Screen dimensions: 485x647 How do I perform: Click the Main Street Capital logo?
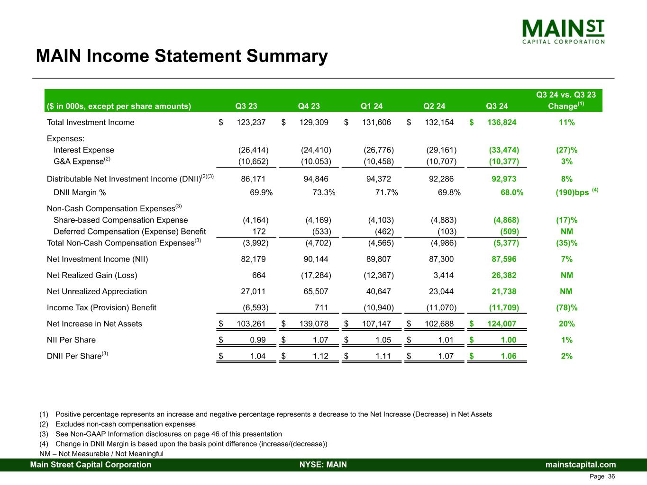coord(563,31)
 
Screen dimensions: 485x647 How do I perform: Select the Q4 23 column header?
coord(309,106)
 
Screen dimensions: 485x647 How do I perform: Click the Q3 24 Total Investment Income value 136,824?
coord(501,123)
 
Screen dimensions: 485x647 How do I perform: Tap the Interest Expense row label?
coord(84,150)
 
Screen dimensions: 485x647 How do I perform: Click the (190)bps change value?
coord(573,193)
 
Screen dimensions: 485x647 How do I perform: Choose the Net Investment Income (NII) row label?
coord(97,259)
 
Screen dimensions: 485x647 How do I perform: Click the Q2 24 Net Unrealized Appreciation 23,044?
coord(441,291)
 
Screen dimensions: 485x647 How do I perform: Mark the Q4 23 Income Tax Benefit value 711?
coord(321,308)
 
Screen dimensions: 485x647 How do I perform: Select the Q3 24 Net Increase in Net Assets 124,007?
coord(501,324)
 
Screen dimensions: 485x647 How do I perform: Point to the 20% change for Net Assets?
coord(566,324)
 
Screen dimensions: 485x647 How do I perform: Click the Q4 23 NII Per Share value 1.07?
coord(320,340)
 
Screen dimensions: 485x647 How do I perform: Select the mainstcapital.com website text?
coord(581,465)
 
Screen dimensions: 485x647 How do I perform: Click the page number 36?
coord(611,476)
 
